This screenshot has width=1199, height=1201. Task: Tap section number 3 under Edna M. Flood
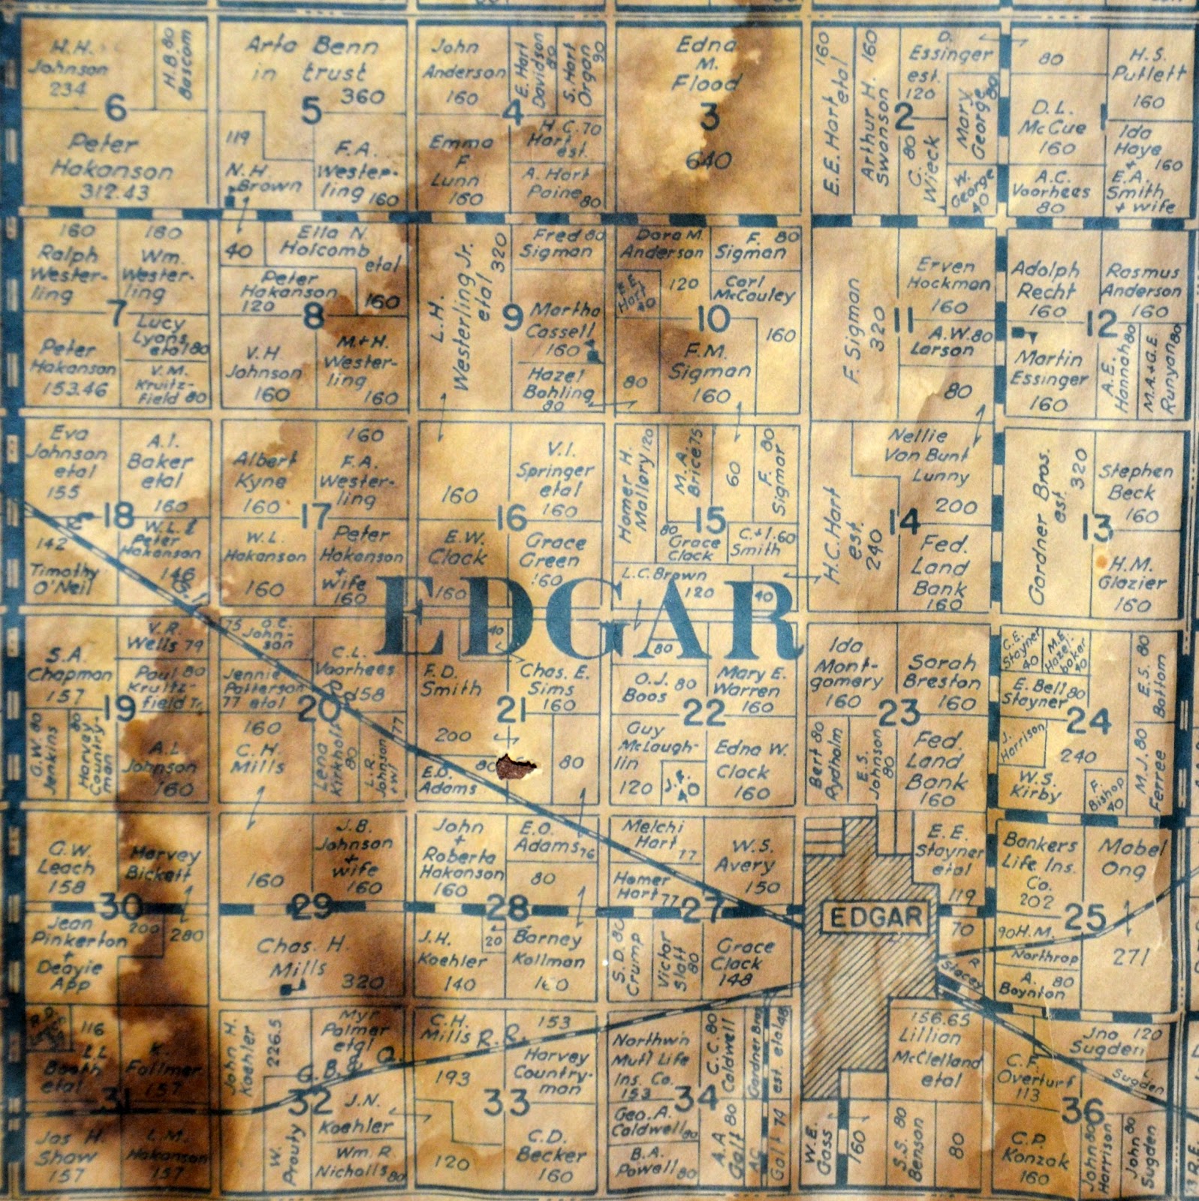tap(708, 117)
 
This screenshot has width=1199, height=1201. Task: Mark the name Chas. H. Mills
tap(304, 956)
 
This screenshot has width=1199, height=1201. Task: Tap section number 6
tap(116, 110)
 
